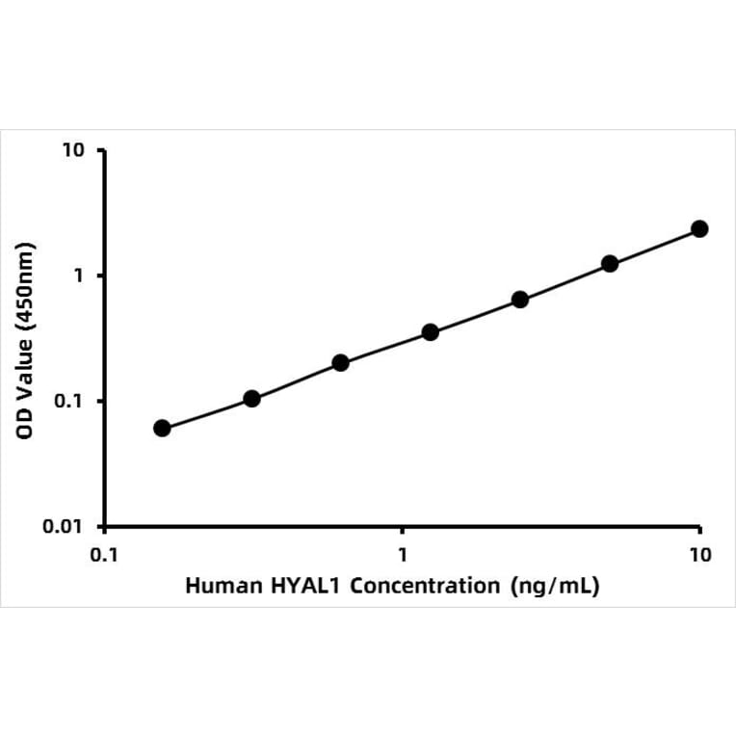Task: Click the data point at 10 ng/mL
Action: [699, 228]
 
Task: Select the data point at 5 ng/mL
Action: [610, 263]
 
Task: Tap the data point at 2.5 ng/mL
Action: [520, 299]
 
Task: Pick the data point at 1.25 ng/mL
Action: [431, 332]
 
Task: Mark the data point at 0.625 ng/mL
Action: [340, 363]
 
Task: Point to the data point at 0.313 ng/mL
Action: [251, 398]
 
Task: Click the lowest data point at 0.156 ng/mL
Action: [162, 428]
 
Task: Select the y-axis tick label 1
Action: [80, 276]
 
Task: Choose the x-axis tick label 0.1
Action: [104, 555]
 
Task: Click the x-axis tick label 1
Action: [403, 555]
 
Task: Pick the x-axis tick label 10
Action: [699, 555]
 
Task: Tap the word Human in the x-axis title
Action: [218, 586]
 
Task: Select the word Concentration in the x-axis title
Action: [425, 586]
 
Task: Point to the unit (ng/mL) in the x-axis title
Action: [555, 586]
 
